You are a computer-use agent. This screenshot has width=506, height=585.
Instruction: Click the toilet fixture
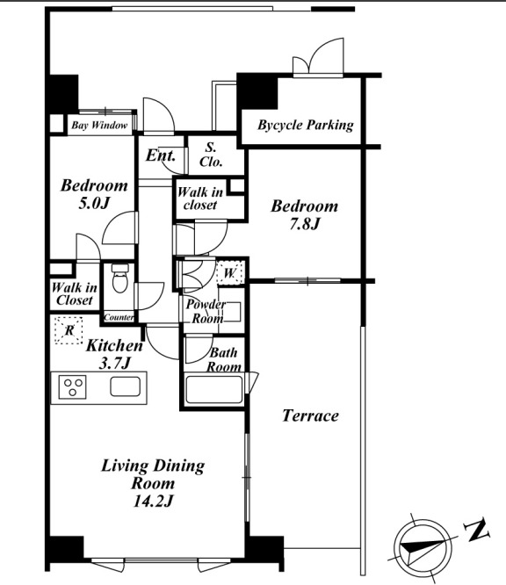point(120,278)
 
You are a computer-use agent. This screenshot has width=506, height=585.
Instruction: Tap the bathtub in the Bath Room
point(214,389)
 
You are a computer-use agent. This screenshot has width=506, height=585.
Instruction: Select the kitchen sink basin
point(126,386)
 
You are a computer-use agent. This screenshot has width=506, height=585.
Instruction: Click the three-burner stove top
point(73,387)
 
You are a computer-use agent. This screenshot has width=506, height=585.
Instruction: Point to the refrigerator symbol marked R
point(69,330)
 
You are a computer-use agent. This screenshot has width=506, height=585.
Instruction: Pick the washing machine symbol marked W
point(230,273)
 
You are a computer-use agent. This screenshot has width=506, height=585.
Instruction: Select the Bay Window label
point(99,126)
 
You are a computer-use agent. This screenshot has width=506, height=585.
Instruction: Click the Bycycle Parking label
point(305,126)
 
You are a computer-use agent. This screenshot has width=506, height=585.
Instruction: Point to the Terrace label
point(310,415)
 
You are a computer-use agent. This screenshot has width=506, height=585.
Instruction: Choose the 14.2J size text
point(153,501)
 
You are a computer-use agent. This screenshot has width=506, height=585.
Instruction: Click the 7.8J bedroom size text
point(305,224)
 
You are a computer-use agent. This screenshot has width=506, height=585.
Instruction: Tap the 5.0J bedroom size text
point(94,203)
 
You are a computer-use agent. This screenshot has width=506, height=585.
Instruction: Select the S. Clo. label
point(211,155)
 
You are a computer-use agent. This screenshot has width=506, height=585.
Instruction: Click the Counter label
point(119,317)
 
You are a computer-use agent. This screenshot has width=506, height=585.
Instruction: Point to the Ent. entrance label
point(161,155)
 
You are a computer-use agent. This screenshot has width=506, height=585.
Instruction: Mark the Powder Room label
point(206,311)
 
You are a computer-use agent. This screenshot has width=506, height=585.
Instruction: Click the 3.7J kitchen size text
point(114,363)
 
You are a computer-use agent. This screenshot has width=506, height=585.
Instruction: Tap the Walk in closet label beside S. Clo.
point(200,199)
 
